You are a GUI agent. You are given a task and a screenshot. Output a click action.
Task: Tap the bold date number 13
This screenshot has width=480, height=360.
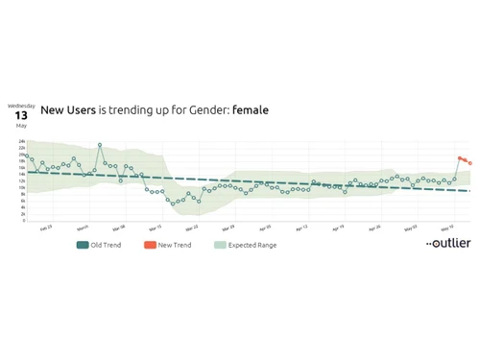click(21, 115)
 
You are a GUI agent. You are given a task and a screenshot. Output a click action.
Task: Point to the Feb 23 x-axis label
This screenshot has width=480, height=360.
click(46, 228)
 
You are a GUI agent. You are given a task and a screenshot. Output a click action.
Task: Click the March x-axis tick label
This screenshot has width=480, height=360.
click(83, 228)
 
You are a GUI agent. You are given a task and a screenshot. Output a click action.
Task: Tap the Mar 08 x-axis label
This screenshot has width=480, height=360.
click(119, 228)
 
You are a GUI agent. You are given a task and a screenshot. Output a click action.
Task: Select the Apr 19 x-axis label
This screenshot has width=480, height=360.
click(337, 228)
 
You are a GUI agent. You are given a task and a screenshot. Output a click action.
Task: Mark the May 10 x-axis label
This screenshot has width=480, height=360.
click(446, 228)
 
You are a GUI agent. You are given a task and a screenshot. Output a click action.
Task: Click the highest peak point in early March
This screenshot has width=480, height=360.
click(100, 145)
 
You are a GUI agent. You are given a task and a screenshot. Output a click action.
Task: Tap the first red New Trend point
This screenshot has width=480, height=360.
click(460, 157)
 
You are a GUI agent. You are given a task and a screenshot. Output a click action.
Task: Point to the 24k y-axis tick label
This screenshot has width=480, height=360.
click(21, 142)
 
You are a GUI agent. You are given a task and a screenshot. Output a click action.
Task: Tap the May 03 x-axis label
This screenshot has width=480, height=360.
click(410, 228)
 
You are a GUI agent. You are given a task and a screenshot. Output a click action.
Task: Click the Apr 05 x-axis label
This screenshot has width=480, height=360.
click(264, 228)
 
